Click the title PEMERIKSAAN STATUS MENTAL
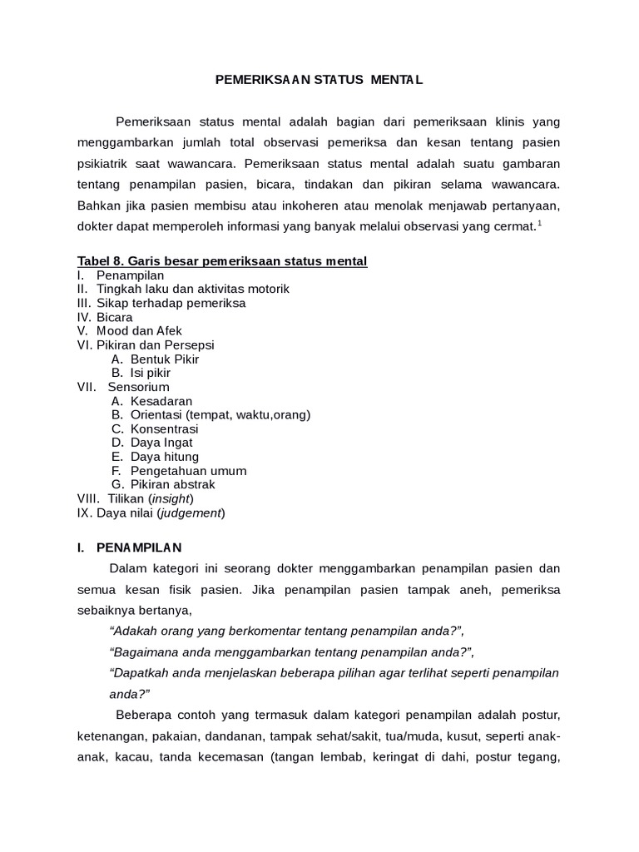click(x=319, y=80)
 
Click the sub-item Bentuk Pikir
click(x=165, y=359)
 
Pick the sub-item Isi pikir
click(x=151, y=373)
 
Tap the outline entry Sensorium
click(x=138, y=387)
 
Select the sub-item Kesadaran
click(x=161, y=401)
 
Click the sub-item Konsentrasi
click(x=164, y=428)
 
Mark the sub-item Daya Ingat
click(x=161, y=443)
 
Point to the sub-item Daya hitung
click(x=165, y=457)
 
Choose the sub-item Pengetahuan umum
click(x=188, y=471)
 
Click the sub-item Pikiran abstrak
click(x=172, y=484)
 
